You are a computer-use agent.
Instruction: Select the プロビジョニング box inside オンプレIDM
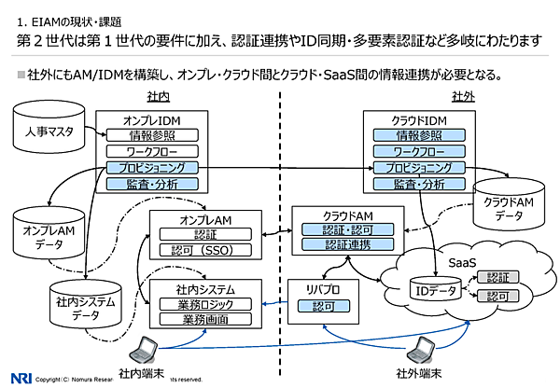pos(165,168)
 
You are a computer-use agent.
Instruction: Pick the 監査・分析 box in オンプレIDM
pos(165,185)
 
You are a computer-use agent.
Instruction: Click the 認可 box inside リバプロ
pos(322,305)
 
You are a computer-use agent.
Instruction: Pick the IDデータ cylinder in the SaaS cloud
pos(434,292)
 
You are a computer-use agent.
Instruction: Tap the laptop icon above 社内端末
pos(145,346)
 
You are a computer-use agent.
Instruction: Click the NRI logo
pos(17,378)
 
